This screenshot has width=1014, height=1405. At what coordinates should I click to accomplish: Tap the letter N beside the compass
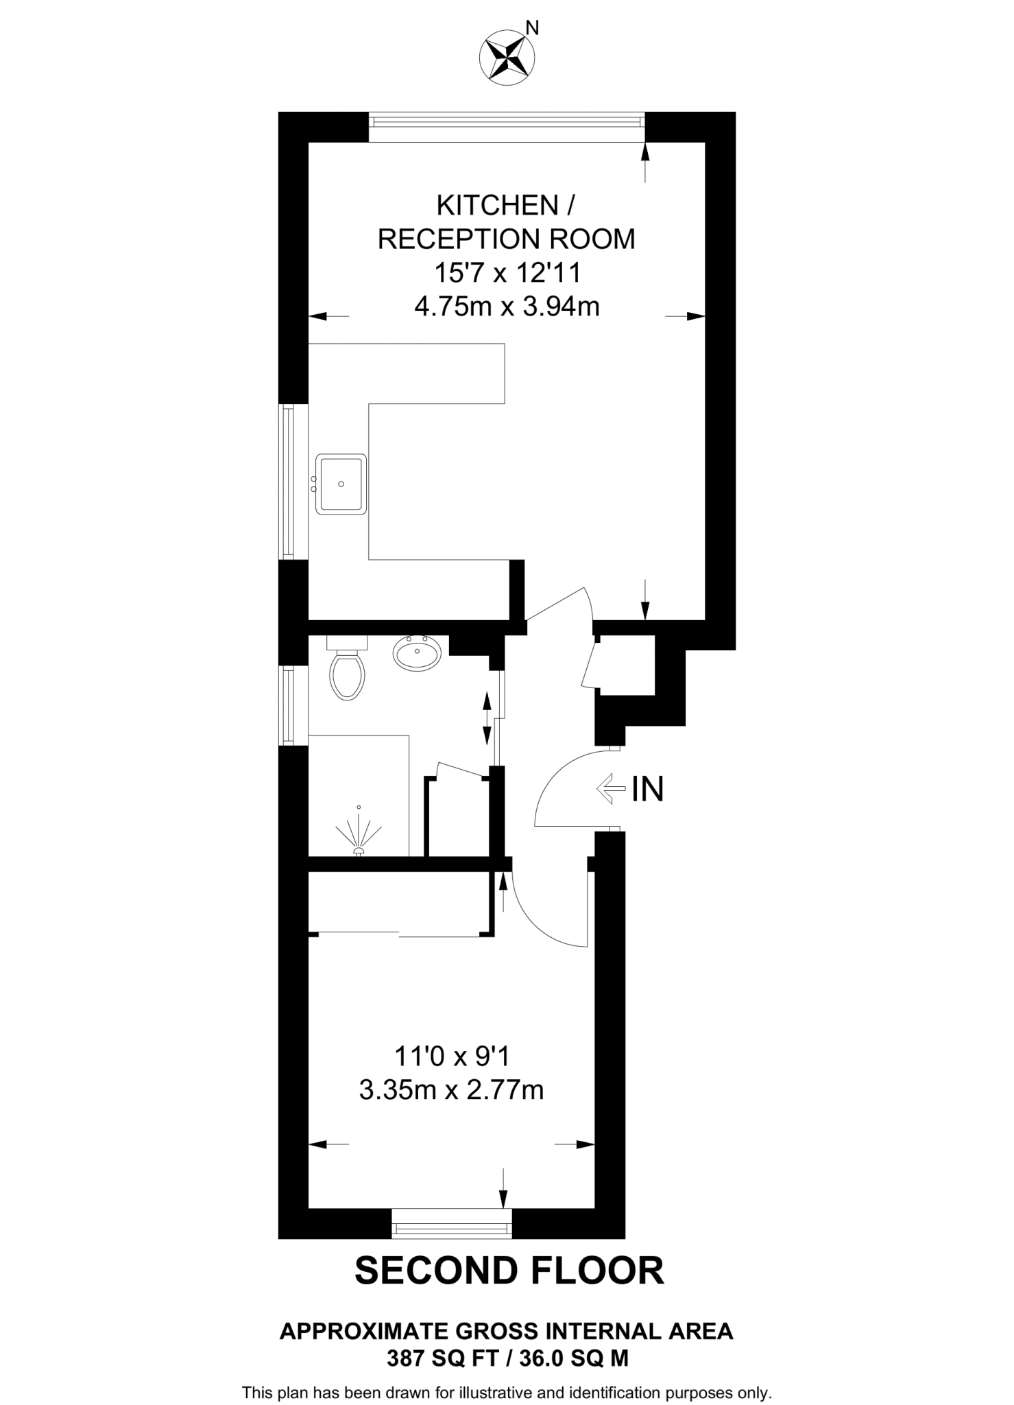pyautogui.click(x=532, y=27)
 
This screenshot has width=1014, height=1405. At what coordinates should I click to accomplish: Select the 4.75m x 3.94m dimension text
pyautogui.click(x=507, y=306)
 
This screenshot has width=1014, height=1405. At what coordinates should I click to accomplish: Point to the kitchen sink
pyautogui.click(x=341, y=484)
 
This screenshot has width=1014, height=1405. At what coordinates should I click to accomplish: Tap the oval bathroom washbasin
pyautogui.click(x=417, y=652)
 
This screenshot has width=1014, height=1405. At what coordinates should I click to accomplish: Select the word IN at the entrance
pyautogui.click(x=647, y=789)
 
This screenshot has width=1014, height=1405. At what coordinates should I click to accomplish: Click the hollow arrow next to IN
pyautogui.click(x=611, y=789)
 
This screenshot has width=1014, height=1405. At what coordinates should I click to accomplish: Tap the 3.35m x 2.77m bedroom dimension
pyautogui.click(x=451, y=1089)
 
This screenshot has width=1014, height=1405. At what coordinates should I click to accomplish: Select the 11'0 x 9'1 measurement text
pyautogui.click(x=451, y=1056)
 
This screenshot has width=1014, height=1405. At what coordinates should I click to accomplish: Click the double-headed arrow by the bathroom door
pyautogui.click(x=487, y=718)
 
